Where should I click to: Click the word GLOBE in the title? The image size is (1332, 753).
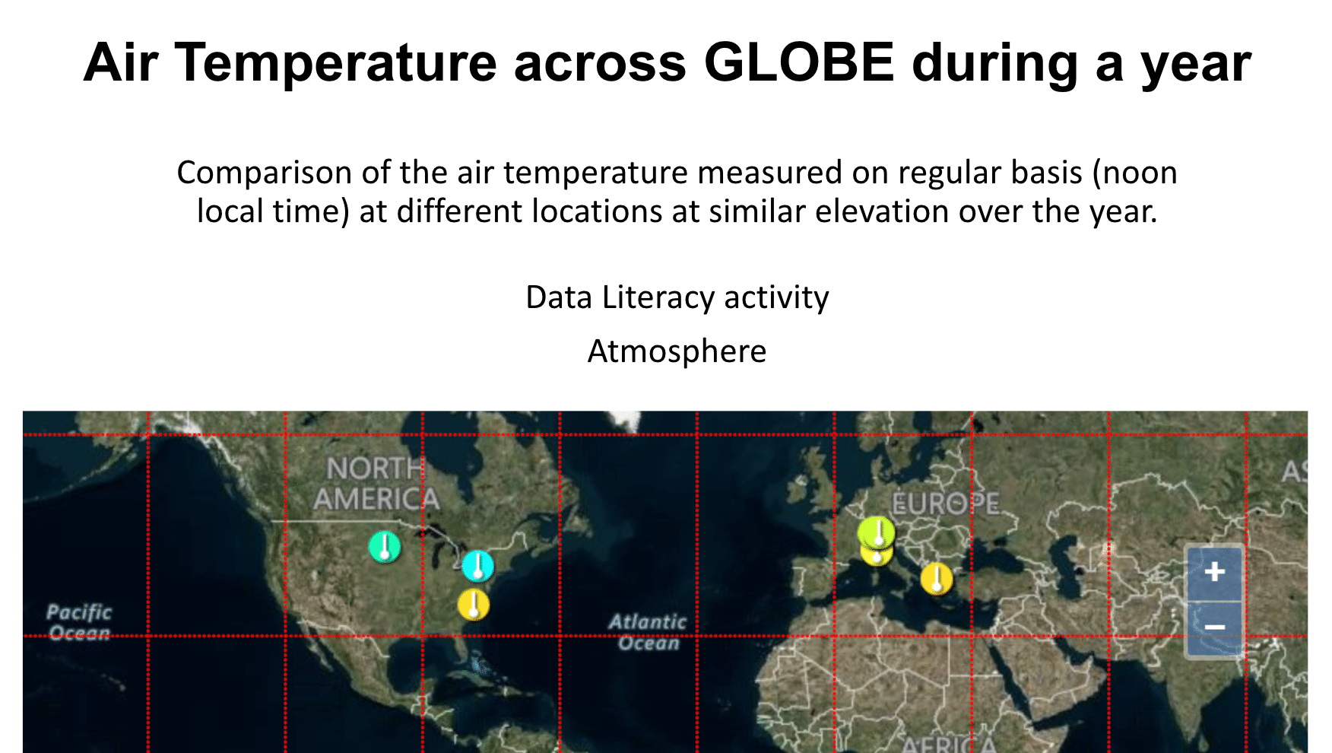point(799,62)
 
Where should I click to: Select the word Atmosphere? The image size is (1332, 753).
point(677,351)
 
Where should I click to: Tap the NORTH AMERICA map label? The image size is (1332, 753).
point(376,484)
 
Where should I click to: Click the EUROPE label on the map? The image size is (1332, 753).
point(945,504)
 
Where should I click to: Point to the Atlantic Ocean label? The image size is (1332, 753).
point(648,632)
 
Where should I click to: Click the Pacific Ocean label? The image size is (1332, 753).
point(79,622)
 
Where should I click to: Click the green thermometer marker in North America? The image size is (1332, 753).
point(385,547)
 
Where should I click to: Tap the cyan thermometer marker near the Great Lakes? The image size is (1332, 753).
point(477,566)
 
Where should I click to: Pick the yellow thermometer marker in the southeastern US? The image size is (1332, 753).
point(474,605)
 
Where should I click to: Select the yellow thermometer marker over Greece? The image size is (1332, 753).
point(937,579)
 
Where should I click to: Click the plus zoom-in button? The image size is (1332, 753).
point(1214,571)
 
